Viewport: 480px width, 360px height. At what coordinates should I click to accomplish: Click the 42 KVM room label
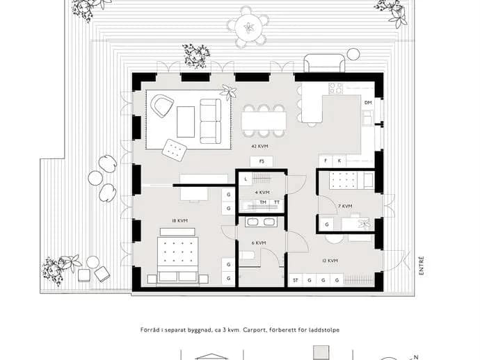[x=259, y=146]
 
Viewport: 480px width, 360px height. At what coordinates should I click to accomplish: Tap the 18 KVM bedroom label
[x=179, y=220]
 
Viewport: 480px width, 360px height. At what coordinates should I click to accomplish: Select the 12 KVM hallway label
[x=330, y=261]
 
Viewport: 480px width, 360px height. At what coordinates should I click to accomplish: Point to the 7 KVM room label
[x=345, y=206]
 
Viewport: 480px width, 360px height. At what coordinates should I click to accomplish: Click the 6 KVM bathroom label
[x=259, y=243]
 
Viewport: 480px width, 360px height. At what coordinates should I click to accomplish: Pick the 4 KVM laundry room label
[x=262, y=193]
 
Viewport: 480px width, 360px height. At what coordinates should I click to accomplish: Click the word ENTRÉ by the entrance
[x=422, y=266]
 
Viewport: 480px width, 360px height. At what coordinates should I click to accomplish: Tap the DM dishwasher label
[x=368, y=103]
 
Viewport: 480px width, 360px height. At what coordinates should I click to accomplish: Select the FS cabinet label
[x=262, y=161]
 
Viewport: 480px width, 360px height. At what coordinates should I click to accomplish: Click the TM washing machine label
[x=263, y=202]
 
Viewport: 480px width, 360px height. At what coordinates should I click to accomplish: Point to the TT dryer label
[x=277, y=202]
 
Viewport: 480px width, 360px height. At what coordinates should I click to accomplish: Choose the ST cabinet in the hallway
[x=296, y=280]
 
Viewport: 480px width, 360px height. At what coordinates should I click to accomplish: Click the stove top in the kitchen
[x=335, y=88]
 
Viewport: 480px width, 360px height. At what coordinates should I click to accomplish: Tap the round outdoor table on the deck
[x=248, y=27]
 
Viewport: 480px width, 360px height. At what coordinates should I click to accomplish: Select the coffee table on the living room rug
[x=186, y=122]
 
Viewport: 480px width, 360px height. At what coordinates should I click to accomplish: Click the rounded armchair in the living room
[x=161, y=106]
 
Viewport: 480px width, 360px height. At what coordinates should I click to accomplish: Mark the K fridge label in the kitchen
[x=339, y=161]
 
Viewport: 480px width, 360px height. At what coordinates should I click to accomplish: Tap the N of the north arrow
[x=416, y=357]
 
